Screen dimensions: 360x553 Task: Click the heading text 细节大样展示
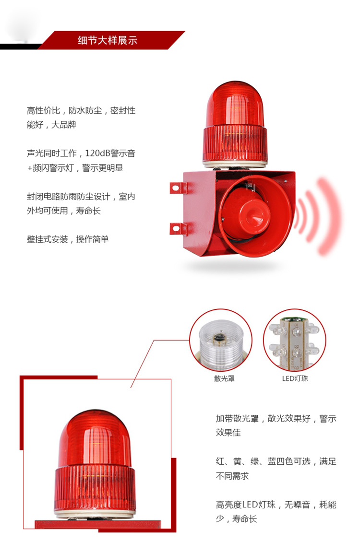(108, 40)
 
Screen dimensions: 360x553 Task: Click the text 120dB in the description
(97, 153)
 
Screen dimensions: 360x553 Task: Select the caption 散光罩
(224, 378)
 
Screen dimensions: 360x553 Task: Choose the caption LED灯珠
(295, 378)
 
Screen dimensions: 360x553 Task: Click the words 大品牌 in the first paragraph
(64, 125)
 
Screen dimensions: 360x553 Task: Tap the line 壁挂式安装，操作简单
(68, 239)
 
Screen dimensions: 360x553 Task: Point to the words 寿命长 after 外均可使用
(89, 211)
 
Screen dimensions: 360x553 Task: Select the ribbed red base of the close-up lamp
(95, 487)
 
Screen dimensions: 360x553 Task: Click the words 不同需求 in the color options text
(233, 476)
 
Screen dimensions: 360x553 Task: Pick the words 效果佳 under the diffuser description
(228, 433)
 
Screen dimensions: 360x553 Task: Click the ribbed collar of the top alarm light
(235, 143)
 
